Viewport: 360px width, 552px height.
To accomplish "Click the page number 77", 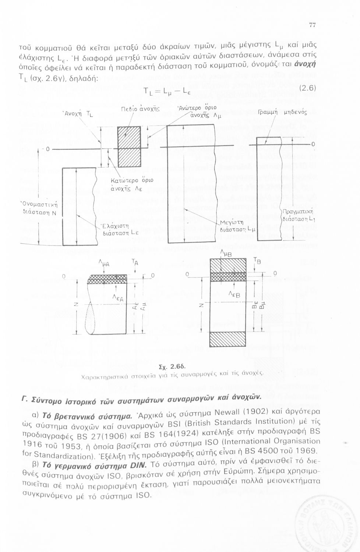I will pos(313,25).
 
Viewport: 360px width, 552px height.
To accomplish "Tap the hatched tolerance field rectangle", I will pos(129,146).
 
